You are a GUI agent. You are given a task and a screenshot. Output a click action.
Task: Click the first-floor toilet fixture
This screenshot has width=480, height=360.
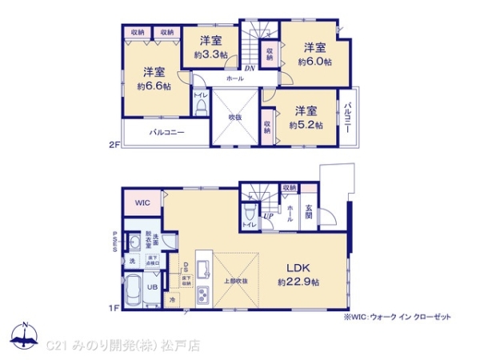(250, 212)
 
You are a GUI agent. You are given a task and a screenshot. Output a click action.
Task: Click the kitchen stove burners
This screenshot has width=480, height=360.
(202, 294)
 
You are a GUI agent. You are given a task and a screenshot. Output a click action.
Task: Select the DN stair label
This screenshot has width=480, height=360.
(250, 69)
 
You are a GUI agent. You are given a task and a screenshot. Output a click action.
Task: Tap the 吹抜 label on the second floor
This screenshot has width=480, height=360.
(234, 118)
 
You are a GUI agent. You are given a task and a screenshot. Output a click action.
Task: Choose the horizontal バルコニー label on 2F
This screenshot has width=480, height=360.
(166, 132)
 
